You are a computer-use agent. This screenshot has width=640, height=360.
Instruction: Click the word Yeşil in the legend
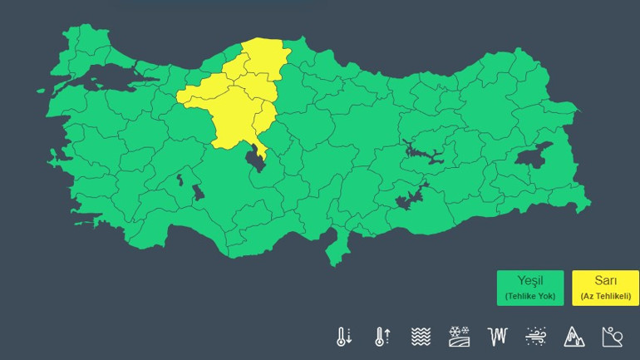click(529, 281)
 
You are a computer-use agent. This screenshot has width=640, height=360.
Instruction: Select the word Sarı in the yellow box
click(605, 281)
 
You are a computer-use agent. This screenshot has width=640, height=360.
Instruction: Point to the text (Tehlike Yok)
click(529, 296)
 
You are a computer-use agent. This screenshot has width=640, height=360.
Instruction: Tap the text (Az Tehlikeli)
click(605, 296)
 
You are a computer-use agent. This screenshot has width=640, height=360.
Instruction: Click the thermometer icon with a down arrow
click(343, 336)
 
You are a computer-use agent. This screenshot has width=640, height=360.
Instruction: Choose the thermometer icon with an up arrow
click(382, 336)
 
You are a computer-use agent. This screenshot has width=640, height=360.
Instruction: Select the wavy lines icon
click(421, 336)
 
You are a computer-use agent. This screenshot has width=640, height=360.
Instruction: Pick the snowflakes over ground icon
click(459, 336)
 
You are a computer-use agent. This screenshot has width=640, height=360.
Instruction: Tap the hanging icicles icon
click(497, 336)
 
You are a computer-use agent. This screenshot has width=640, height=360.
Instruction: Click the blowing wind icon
click(536, 336)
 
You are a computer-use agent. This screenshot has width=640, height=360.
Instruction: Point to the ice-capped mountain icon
click(574, 336)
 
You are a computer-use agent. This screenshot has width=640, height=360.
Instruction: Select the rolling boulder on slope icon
click(613, 336)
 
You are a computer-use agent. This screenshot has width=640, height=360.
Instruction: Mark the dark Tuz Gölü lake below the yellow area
click(256, 158)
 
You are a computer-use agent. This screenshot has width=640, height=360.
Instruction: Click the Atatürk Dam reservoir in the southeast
click(410, 200)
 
